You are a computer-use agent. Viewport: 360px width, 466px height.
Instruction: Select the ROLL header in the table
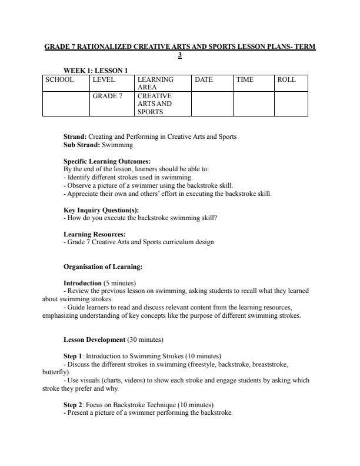point(286,79)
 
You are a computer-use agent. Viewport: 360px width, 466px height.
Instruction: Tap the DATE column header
point(204,79)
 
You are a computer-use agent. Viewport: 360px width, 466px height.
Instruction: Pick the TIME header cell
point(244,79)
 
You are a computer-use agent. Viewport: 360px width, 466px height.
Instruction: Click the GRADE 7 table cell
point(107,96)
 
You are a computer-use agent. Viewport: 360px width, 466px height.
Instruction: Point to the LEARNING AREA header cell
point(155,83)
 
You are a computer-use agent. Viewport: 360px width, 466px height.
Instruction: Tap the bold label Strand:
point(75,137)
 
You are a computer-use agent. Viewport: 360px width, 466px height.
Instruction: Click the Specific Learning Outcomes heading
point(106,161)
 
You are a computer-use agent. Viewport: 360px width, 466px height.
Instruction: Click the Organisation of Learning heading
point(102,267)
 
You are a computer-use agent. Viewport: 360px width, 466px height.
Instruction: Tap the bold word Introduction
point(82,283)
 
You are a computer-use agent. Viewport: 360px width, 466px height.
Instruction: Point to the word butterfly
point(55,372)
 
